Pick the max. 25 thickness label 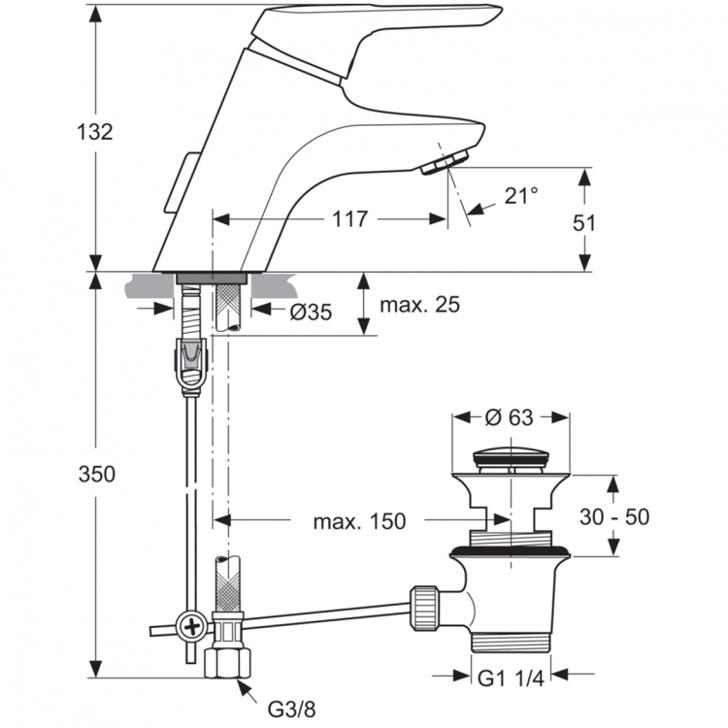(419, 305)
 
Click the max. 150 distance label (359, 521)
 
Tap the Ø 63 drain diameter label (509, 418)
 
